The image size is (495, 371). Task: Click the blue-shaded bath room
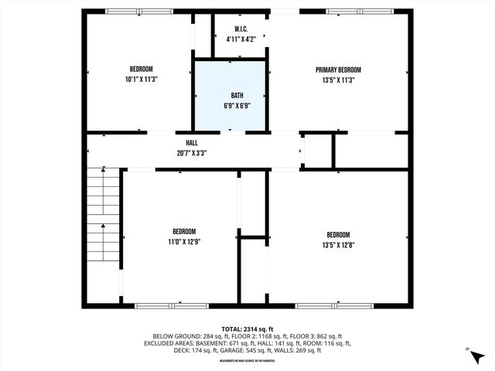230,96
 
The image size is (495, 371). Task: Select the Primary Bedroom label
338,70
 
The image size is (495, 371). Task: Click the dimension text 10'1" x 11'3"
139,79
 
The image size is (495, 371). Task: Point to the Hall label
191,143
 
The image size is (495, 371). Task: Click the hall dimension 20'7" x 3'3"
191,152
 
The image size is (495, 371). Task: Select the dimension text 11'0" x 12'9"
183,241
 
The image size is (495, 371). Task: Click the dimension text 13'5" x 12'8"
338,245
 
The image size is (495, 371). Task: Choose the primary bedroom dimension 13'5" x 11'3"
338,79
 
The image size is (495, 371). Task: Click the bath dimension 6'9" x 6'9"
230,105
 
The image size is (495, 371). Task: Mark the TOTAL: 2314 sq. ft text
247,328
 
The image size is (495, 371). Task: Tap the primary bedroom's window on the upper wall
353,12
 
